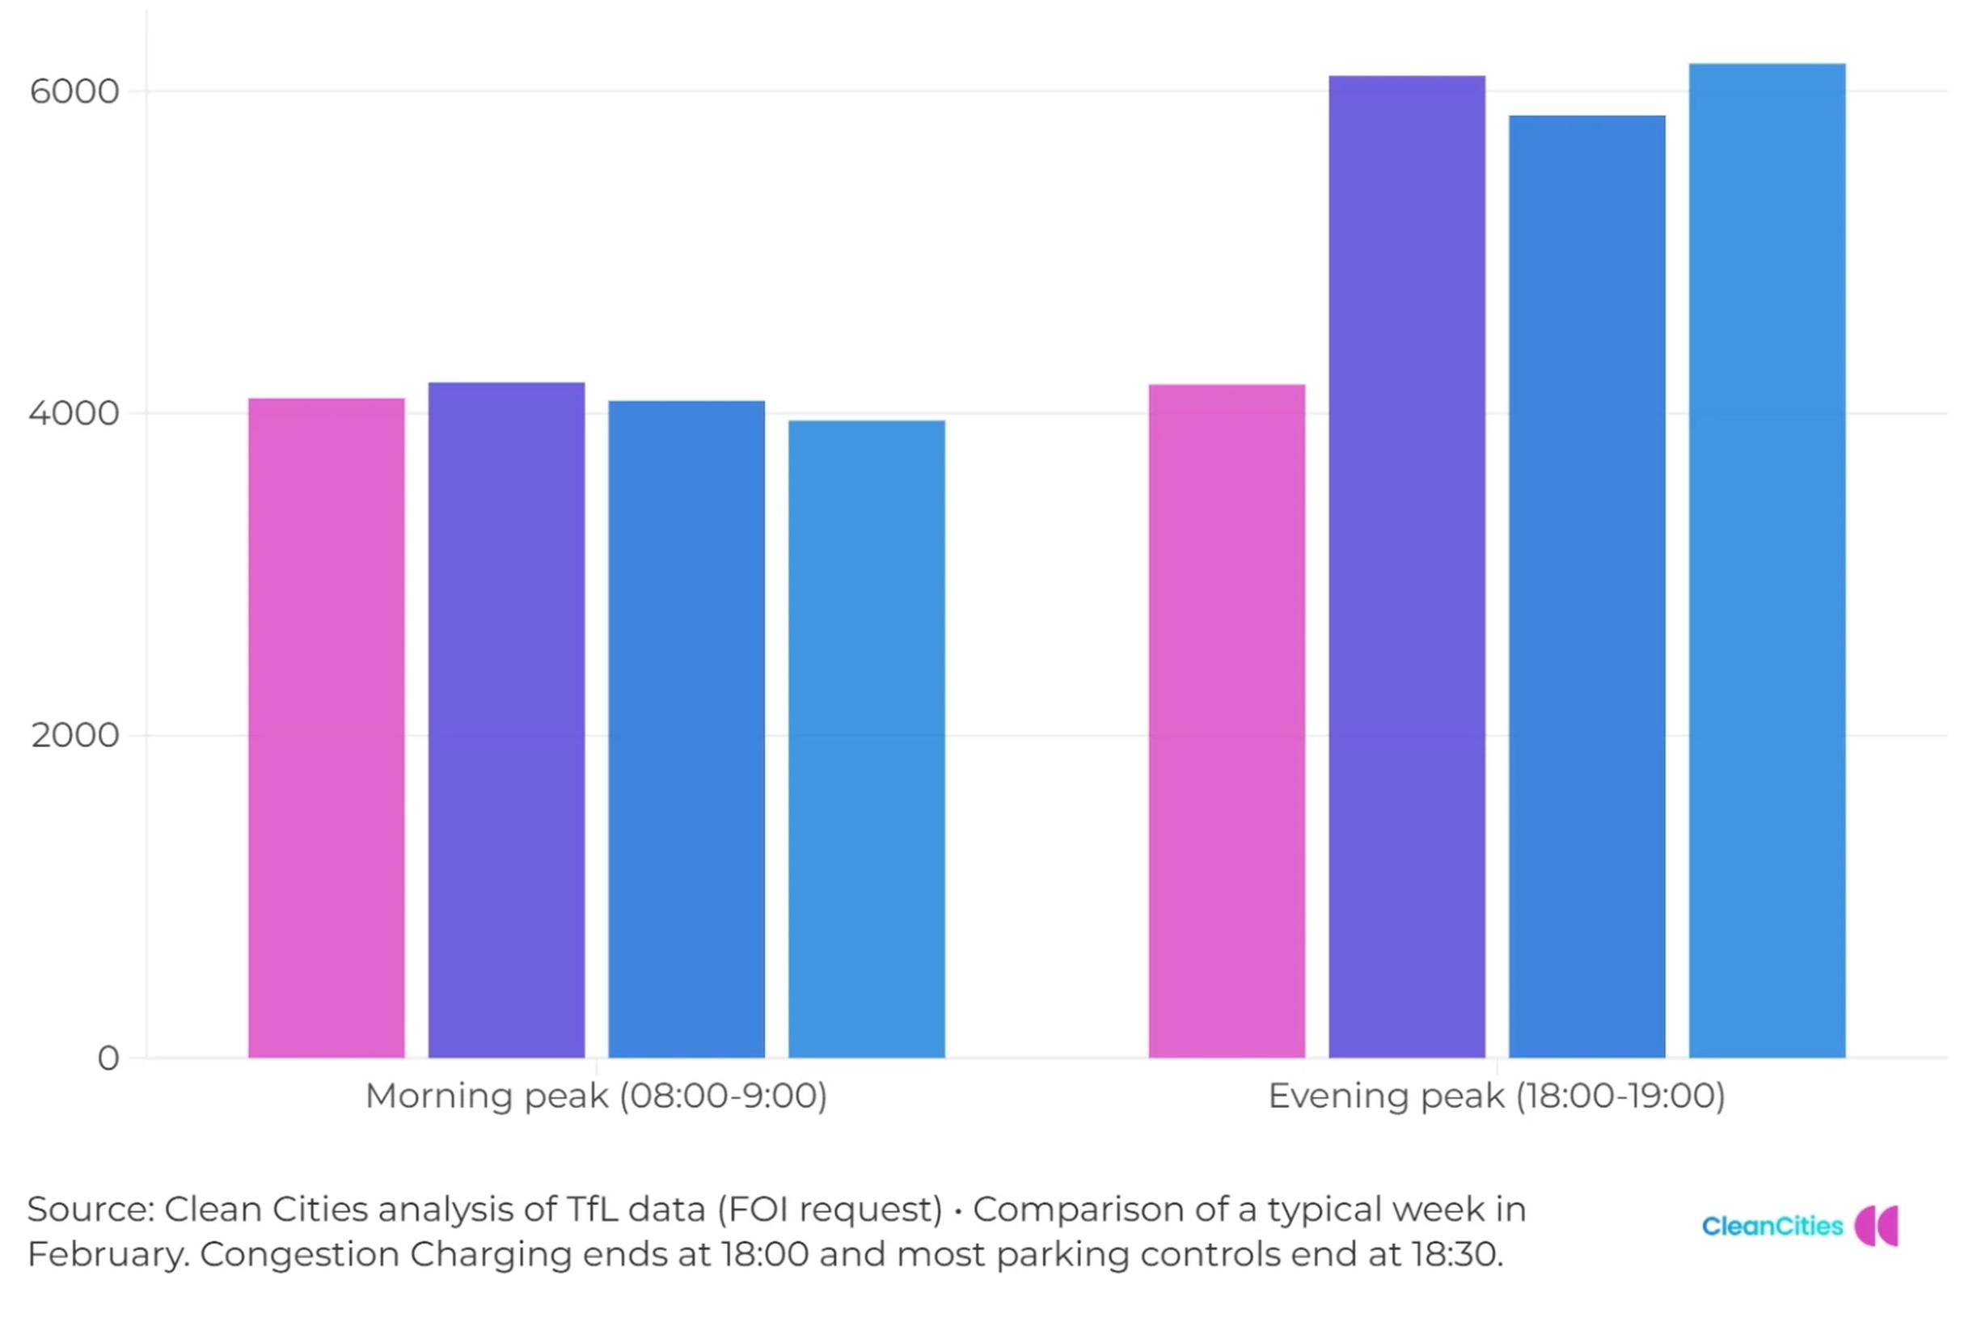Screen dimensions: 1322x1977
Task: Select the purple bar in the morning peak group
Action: (506, 719)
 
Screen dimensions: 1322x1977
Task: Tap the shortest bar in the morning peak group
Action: (866, 738)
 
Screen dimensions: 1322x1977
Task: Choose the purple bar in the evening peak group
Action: (1406, 566)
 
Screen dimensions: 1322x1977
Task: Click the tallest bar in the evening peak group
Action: (1767, 560)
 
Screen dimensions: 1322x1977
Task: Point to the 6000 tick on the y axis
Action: (74, 91)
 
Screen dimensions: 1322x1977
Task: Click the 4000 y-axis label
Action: (74, 413)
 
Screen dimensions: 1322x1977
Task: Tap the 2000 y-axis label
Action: (75, 735)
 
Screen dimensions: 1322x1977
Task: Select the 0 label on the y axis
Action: (108, 1058)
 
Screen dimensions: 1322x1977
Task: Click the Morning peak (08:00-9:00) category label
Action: (596, 1096)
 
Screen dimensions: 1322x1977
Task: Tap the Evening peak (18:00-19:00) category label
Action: (1497, 1096)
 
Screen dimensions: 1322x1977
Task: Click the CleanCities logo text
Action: (1772, 1226)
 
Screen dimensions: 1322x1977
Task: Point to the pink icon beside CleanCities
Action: (1877, 1225)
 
